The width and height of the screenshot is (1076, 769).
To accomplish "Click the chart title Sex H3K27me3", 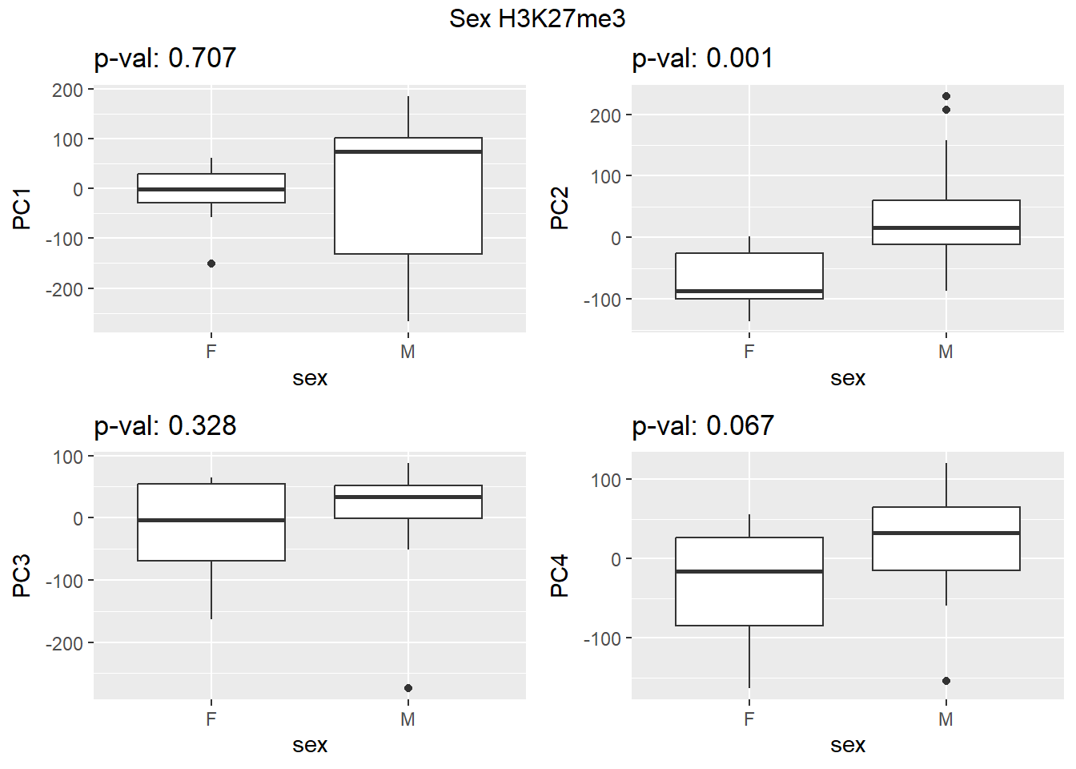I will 537,18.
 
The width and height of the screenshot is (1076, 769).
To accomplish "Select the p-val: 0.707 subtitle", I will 165,58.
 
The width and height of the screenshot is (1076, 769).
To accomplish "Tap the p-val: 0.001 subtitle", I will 702,58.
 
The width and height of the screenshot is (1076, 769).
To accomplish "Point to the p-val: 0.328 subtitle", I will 165,425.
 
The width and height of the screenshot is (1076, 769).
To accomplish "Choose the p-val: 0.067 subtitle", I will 702,425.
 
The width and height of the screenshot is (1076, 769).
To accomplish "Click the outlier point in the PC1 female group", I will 211,264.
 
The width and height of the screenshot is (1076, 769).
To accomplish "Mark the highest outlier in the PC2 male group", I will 946,96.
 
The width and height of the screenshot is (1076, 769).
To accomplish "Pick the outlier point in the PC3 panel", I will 408,688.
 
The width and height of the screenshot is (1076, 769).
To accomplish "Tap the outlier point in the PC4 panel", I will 946,681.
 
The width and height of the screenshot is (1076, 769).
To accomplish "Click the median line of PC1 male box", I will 408,151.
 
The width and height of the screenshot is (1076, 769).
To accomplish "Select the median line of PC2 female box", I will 749,291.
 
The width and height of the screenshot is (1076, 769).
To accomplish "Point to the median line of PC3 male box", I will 408,497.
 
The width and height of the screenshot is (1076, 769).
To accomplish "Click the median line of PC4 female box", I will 749,571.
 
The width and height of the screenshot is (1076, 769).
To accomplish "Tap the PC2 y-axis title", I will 560,208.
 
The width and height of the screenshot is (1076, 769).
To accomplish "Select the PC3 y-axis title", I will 22,575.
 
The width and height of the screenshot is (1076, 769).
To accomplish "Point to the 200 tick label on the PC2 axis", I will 606,115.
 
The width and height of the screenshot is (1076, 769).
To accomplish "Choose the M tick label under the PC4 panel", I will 946,719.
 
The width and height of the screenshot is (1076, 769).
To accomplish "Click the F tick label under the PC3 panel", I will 211,719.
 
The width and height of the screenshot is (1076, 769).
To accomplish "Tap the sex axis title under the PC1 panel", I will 310,378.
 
